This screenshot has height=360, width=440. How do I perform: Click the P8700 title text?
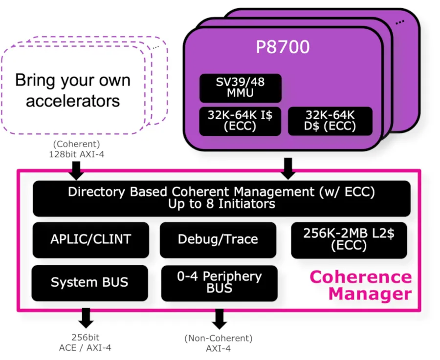pyautogui.click(x=283, y=47)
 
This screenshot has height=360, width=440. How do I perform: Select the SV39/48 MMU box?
pyautogui.click(x=241, y=88)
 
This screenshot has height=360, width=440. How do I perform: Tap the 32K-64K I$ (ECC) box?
pyautogui.click(x=240, y=121)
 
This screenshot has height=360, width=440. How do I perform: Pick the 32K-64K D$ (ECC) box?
pyautogui.click(x=330, y=121)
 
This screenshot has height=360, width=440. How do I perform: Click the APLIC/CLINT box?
pyautogui.click(x=90, y=240)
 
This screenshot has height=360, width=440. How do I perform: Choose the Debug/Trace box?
pyautogui.click(x=218, y=240)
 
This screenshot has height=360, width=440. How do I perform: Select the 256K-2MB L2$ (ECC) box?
pyautogui.click(x=349, y=240)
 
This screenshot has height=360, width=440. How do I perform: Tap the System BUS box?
pyautogui.click(x=89, y=283)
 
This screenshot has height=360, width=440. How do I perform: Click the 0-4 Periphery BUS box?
pyautogui.click(x=219, y=283)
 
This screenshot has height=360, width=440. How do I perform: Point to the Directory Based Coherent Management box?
pyautogui.click(x=221, y=198)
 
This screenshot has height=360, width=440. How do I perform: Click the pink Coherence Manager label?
pyautogui.click(x=361, y=285)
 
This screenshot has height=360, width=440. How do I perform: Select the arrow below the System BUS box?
pyautogui.click(x=86, y=318)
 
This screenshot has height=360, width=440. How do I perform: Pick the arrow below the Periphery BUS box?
pyautogui.click(x=219, y=319)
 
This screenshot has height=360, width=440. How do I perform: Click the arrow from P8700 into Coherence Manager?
pyautogui.click(x=288, y=169)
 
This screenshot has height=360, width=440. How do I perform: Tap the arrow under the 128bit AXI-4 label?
pyautogui.click(x=76, y=170)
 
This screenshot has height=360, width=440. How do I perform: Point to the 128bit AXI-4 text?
pyautogui.click(x=77, y=154)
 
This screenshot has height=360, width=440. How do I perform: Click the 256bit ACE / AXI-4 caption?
pyautogui.click(x=85, y=342)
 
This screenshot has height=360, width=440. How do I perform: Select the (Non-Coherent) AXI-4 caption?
pyautogui.click(x=219, y=343)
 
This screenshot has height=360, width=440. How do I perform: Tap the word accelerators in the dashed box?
pyautogui.click(x=73, y=101)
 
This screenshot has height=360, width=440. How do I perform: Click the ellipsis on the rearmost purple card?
pyautogui.click(x=400, y=22)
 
